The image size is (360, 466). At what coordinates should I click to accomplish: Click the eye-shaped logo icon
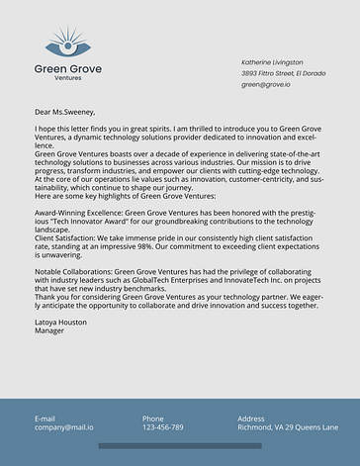68,44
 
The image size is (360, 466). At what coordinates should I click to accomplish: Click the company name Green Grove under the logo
68,68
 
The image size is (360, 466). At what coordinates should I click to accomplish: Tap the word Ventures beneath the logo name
68,78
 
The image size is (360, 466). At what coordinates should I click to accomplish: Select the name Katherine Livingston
274,61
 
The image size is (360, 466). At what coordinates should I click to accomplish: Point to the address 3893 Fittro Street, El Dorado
283,73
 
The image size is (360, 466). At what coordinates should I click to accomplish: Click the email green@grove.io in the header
266,85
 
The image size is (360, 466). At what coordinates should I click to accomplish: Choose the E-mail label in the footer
45,419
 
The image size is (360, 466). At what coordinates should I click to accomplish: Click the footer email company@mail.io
64,427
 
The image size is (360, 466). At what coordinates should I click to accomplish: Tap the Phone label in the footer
152,419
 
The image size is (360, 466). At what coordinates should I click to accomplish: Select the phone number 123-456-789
162,427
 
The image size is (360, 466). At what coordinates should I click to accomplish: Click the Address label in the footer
251,419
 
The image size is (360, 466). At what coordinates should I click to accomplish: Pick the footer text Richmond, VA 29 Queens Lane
288,427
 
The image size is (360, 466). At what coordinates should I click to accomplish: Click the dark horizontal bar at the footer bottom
180,446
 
